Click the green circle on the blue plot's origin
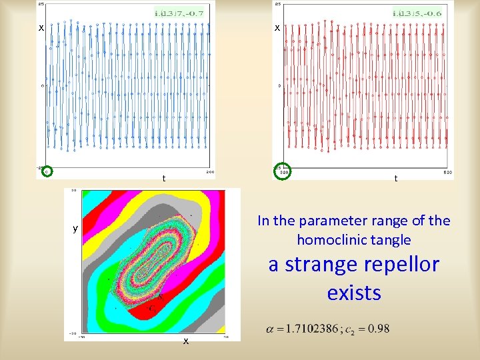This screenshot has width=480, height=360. (x=46, y=171)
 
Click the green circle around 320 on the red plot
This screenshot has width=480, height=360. (x=282, y=171)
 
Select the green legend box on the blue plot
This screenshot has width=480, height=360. (x=179, y=13)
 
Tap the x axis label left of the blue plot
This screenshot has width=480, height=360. (x=41, y=28)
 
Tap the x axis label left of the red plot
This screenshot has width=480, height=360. (x=277, y=28)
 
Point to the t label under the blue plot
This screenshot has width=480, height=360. (x=164, y=179)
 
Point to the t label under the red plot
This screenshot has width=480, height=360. (x=396, y=179)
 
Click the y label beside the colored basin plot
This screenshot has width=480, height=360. (x=75, y=229)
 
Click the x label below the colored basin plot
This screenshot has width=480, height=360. (x=186, y=341)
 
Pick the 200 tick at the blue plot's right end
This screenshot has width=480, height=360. (x=209, y=172)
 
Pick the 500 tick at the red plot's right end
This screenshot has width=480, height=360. (x=448, y=172)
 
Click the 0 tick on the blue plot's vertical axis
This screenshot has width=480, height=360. (x=43, y=86)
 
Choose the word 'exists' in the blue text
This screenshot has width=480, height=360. (x=354, y=293)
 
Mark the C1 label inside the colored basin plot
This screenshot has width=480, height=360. (x=153, y=308)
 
